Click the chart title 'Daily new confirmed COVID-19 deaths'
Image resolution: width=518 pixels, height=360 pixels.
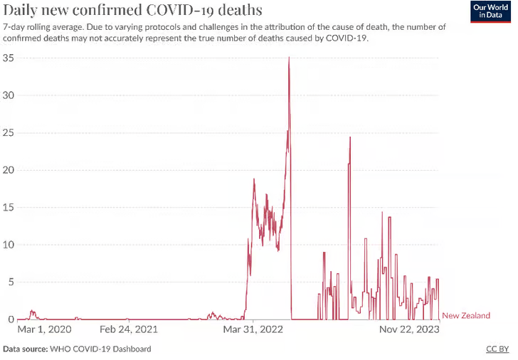coord(132,11)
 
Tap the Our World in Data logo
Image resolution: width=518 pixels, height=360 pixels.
coord(490,11)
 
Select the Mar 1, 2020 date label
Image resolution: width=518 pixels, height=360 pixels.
coord(44,330)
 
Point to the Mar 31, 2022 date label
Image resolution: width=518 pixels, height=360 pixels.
coord(253,330)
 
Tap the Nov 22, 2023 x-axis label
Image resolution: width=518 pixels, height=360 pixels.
coord(408,330)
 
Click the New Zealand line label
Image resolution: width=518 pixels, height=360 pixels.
coord(466,316)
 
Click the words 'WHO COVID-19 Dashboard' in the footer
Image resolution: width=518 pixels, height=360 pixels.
coord(100,349)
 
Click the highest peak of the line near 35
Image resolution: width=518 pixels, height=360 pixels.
coord(289,58)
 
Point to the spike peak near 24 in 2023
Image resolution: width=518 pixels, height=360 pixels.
coord(350,137)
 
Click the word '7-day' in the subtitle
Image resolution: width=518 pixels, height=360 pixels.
coord(15,26)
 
